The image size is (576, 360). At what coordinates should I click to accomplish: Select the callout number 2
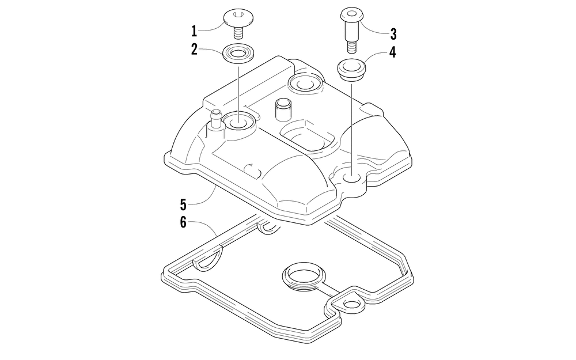[194, 50]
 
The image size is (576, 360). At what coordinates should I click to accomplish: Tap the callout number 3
[393, 32]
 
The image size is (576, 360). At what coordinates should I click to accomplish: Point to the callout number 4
[392, 52]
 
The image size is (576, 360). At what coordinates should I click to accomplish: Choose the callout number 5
[183, 204]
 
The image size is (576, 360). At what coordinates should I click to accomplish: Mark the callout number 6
[183, 222]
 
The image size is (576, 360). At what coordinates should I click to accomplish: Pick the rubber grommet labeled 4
[351, 69]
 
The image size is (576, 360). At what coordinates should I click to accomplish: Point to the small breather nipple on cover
[217, 118]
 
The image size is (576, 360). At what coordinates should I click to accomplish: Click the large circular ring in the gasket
[303, 277]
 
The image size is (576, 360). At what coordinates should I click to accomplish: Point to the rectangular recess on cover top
[305, 137]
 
